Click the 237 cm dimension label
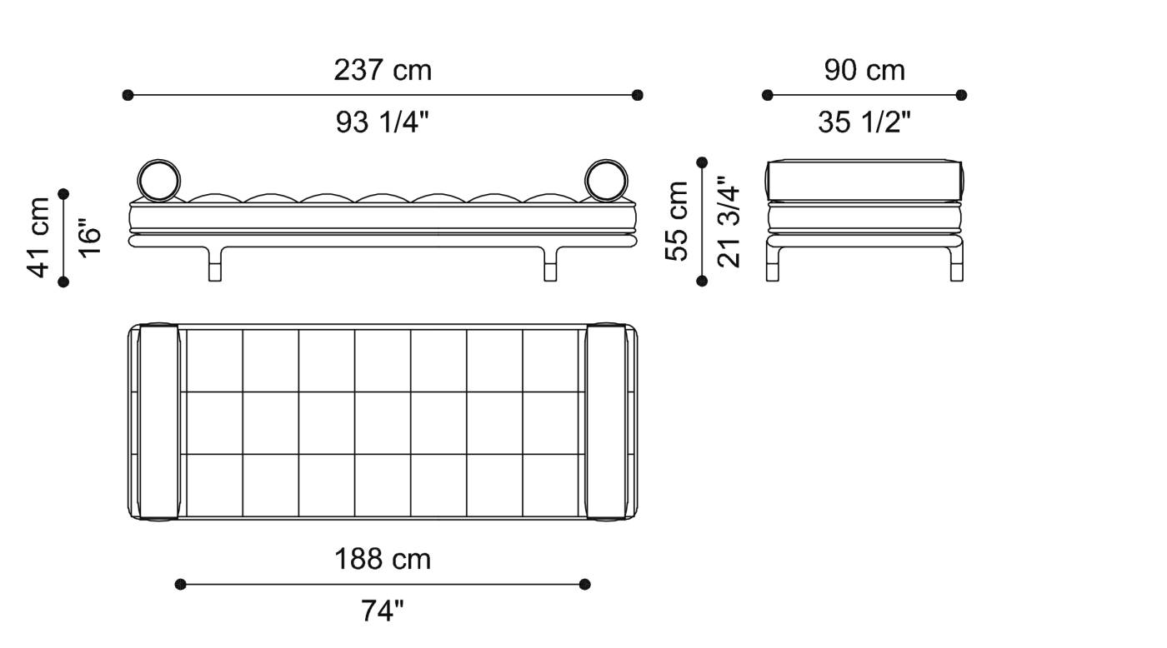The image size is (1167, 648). tap(383, 70)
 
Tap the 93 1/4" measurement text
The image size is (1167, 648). tap(383, 122)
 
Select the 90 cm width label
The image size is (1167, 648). tap(864, 70)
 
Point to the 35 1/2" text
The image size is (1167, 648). tap(864, 122)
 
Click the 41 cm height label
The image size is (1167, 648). tap(39, 237)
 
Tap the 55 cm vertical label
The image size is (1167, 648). tap(677, 222)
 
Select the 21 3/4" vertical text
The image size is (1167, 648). tap(728, 222)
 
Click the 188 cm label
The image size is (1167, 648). tap(383, 559)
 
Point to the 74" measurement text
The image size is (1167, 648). tap(383, 611)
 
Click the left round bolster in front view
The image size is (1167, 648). tap(158, 180)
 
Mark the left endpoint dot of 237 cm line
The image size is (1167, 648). tap(128, 95)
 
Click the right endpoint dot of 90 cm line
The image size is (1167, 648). tap(961, 95)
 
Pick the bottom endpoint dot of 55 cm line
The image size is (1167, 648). tap(702, 282)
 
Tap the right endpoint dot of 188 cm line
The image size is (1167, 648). tap(584, 584)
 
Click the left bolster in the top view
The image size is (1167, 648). tap(158, 422)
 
